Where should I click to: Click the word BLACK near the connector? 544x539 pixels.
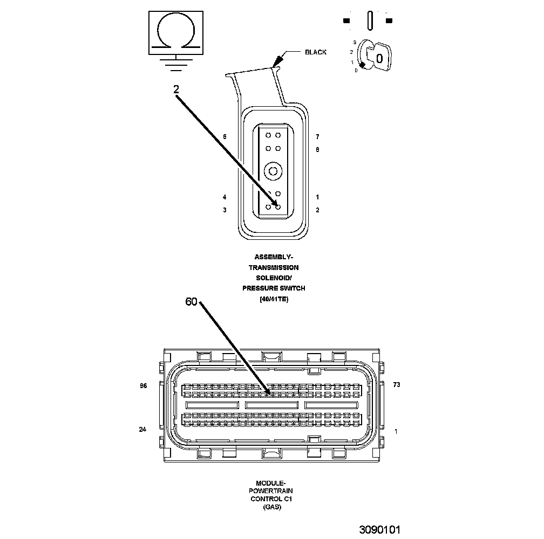pos(316,52)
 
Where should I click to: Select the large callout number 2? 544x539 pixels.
pos(176,90)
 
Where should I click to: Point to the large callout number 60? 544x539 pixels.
pos(192,302)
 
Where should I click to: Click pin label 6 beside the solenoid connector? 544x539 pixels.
pos(225,136)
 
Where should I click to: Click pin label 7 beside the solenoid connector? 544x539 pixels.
pos(317,137)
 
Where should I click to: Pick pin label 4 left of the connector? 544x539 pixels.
pos(225,197)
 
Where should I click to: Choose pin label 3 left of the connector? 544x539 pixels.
pos(225,210)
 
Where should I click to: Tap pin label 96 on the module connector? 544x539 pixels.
pos(143,386)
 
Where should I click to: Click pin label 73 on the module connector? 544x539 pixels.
pos(397,385)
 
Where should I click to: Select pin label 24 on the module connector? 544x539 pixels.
pos(143,430)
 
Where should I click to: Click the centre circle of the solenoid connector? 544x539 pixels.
pos(273,171)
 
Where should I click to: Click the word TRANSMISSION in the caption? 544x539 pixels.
pos(274,267)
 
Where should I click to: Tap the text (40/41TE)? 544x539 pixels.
pos(274,299)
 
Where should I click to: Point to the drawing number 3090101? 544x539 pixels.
pos(380,529)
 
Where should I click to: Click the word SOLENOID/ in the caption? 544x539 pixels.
pos(274,278)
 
